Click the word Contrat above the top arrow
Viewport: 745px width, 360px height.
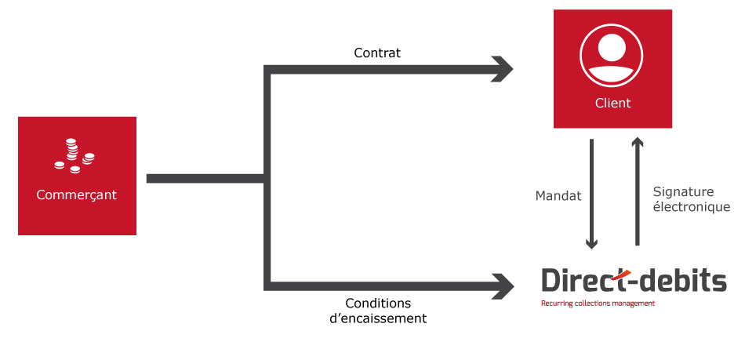tap(377, 53)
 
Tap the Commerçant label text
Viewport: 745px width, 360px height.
tap(77, 195)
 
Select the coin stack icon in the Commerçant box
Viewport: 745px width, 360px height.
tap(74, 156)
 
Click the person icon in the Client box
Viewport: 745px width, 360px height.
tap(611, 56)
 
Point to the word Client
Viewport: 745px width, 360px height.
tap(613, 103)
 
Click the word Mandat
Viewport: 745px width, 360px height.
tap(558, 196)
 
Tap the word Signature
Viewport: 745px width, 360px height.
tap(683, 192)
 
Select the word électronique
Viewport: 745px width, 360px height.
tap(692, 207)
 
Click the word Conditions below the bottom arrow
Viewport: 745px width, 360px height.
tap(378, 303)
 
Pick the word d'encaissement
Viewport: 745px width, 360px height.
tap(378, 318)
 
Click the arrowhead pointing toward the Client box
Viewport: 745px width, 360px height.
tap(502, 69)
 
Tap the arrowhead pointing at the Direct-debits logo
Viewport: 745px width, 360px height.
tap(503, 286)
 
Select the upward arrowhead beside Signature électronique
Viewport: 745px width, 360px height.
tap(638, 142)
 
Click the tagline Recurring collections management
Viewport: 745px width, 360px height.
tap(598, 304)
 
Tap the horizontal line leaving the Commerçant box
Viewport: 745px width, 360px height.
tap(205, 179)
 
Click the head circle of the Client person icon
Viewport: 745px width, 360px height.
tap(612, 48)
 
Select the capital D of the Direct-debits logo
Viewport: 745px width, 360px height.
tap(551, 280)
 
